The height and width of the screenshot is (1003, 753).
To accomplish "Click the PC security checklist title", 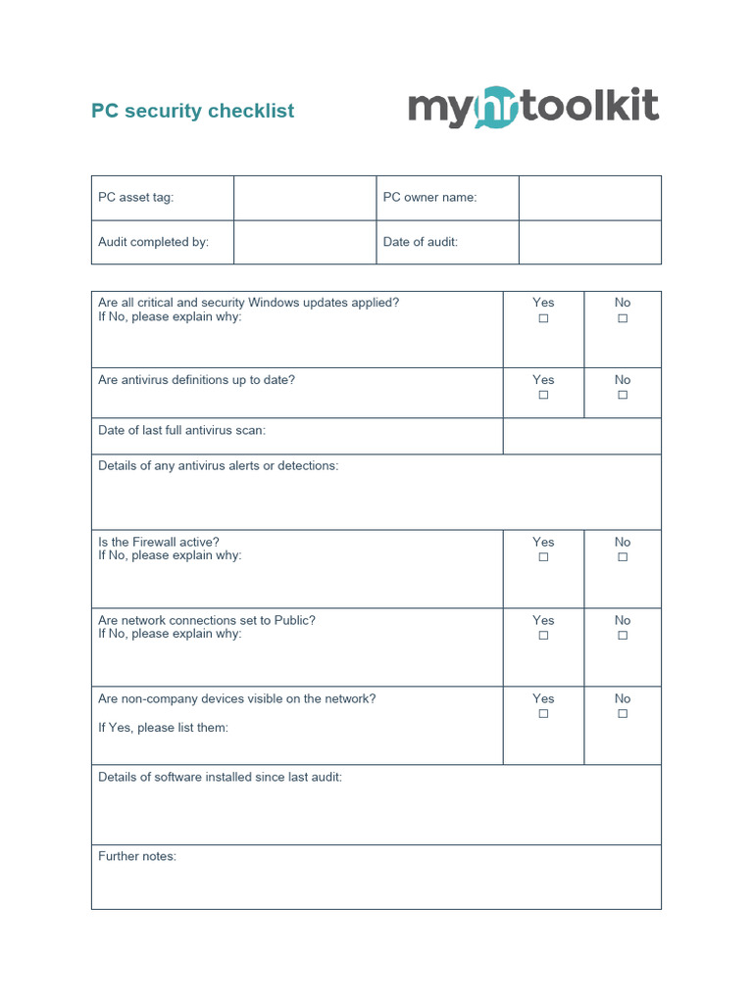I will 192,111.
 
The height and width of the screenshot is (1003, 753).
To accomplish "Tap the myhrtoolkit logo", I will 533,108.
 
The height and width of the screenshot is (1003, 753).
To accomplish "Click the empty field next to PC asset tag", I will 305,198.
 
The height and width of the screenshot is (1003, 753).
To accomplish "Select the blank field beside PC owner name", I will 589,198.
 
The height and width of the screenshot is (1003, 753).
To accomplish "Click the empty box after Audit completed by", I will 305,242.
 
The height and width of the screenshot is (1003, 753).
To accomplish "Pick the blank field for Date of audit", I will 589,242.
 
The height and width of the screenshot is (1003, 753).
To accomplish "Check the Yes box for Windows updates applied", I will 543,318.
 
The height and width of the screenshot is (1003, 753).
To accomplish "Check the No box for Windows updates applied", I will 623,318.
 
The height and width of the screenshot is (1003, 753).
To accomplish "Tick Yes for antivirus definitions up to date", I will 543,396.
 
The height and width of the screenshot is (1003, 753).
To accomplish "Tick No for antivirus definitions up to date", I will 623,396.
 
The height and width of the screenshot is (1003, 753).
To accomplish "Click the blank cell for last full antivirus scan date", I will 581,436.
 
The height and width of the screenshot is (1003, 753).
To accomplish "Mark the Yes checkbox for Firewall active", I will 543,557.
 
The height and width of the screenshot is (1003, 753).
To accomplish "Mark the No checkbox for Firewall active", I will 623,557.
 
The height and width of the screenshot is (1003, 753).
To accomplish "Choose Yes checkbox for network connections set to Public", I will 543,636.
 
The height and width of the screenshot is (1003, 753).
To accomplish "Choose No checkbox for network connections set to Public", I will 623,636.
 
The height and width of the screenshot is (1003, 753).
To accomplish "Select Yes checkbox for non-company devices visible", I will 543,714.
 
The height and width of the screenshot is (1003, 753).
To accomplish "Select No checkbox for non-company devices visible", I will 623,714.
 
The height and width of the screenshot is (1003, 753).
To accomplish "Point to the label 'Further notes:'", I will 137,856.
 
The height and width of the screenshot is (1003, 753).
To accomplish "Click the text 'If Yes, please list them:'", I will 163,728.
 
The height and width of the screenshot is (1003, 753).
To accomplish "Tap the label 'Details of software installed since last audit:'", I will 220,777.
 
